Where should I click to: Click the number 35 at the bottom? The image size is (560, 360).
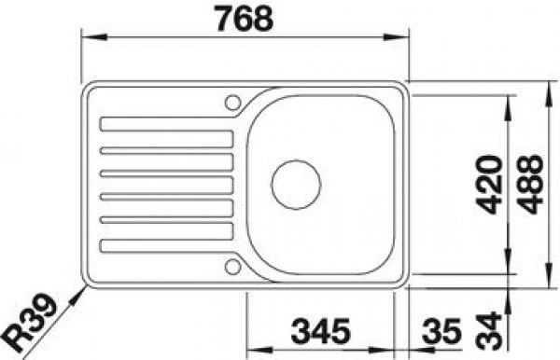[437, 329]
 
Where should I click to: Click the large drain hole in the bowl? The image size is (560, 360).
[297, 181]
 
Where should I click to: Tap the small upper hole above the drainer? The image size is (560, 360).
[231, 100]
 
